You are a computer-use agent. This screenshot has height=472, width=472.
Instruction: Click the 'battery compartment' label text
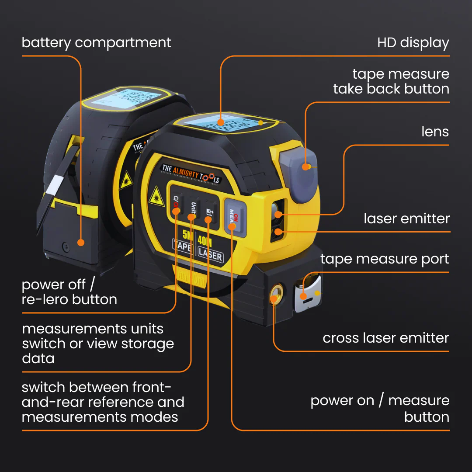click(96, 43)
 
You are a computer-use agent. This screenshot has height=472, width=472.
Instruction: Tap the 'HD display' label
click(413, 43)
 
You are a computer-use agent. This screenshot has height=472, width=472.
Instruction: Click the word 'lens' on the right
click(435, 132)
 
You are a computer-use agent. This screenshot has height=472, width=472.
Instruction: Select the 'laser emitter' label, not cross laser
click(406, 219)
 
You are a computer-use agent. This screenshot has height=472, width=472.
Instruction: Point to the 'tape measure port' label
click(385, 259)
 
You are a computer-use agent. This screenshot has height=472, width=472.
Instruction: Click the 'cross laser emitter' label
click(385, 338)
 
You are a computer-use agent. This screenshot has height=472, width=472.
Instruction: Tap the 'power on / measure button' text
click(379, 409)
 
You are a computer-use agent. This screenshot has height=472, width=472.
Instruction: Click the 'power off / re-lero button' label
click(69, 292)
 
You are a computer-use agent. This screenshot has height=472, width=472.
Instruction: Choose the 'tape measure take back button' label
click(391, 81)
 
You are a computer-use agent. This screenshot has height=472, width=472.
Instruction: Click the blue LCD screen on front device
click(220, 119)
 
